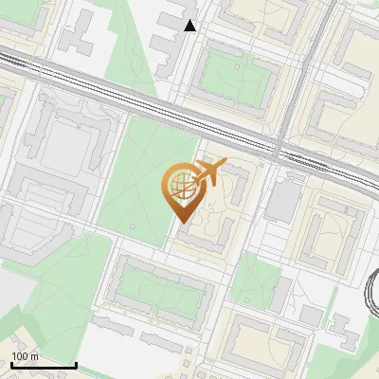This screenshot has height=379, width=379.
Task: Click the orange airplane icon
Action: click(211, 172)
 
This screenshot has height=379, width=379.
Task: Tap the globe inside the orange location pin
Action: click(181, 185)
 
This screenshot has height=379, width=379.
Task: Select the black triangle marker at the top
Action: click(190, 26)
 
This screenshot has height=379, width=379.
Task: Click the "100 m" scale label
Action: click(25, 356)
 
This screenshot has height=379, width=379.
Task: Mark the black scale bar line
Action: click(44, 365)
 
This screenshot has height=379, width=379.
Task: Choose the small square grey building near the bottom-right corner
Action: click(311, 316)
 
